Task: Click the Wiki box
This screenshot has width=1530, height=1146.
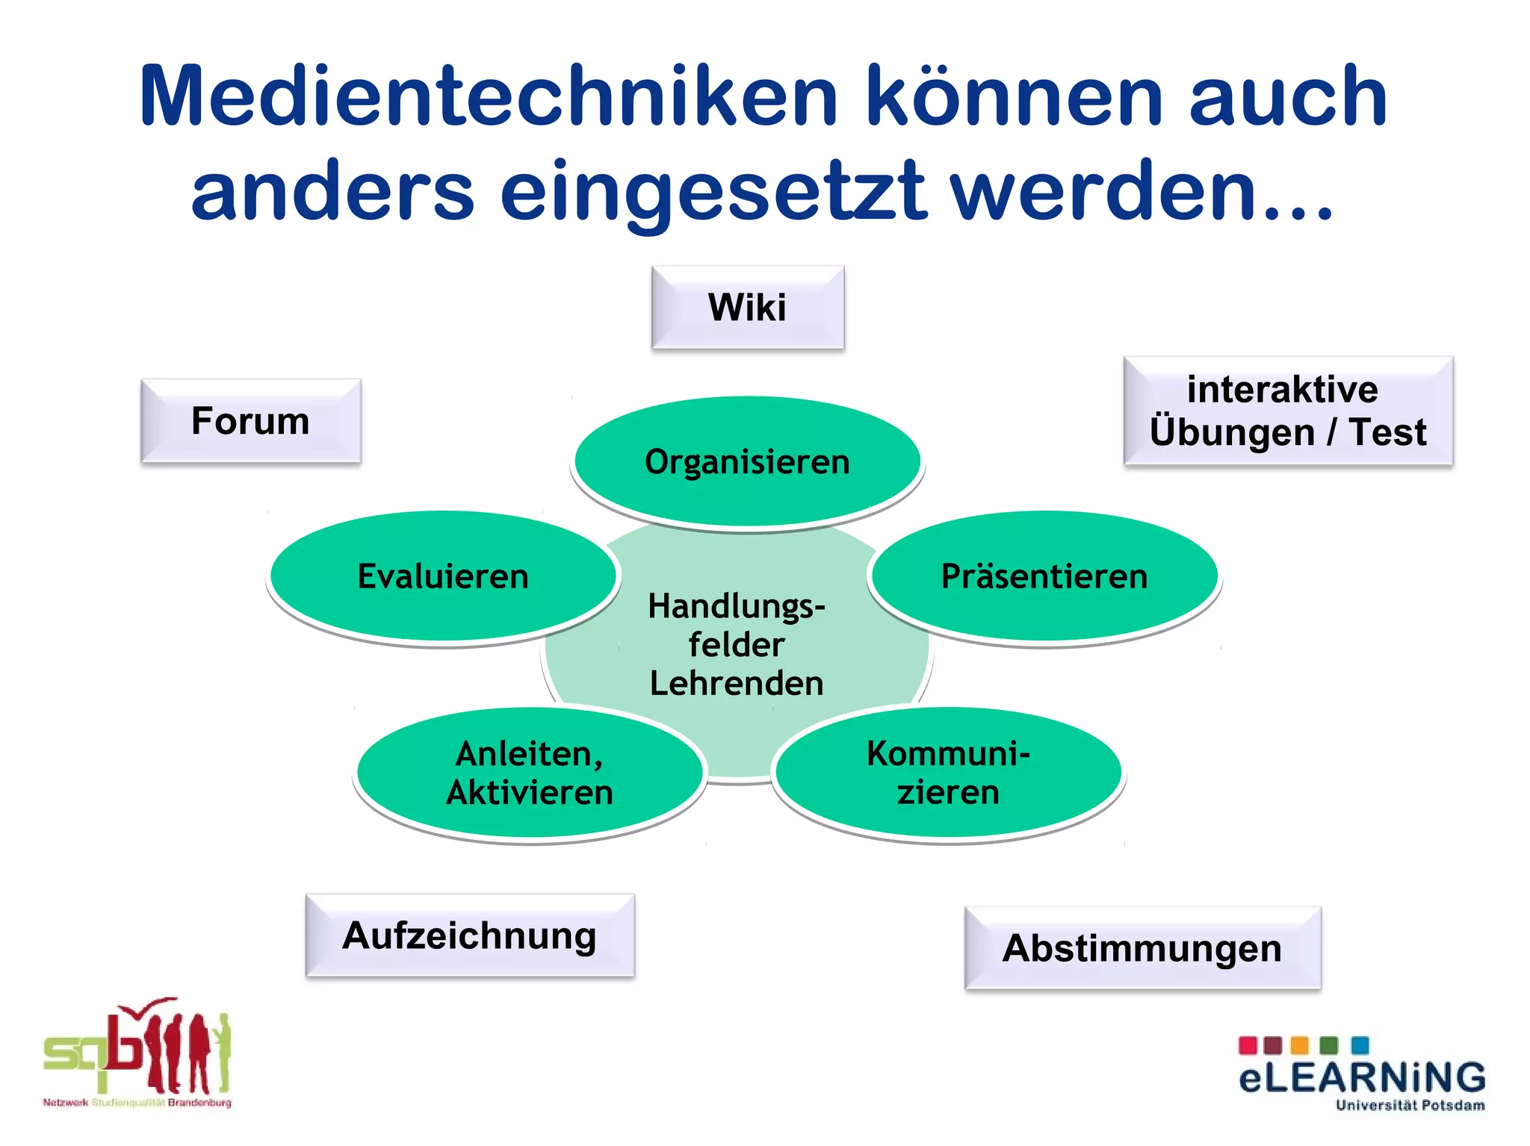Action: (748, 307)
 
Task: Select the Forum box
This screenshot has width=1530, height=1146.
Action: (251, 420)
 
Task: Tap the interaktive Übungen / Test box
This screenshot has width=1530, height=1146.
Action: (1288, 411)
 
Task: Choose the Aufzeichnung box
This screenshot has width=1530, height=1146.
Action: (470, 935)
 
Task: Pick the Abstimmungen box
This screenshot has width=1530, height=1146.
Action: (1142, 948)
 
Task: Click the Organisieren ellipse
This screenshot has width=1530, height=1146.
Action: (747, 461)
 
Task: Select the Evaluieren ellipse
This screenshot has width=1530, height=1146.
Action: (443, 576)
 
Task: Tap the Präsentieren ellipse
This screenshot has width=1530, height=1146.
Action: (1044, 576)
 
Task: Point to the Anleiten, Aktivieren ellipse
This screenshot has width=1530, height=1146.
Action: (530, 773)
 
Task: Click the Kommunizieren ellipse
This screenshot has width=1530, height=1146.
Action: (948, 773)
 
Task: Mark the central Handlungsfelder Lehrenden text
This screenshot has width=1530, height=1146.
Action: (737, 644)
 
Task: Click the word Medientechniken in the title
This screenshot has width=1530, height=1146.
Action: (488, 97)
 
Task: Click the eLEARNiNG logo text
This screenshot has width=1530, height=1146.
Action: (1361, 1078)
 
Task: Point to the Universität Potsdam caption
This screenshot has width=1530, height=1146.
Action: (1410, 1106)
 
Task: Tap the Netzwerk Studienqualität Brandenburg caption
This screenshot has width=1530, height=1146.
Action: (137, 1103)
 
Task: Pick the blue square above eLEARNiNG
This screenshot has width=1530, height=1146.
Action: (1360, 1044)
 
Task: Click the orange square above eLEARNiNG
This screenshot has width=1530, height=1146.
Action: (1300, 1044)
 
